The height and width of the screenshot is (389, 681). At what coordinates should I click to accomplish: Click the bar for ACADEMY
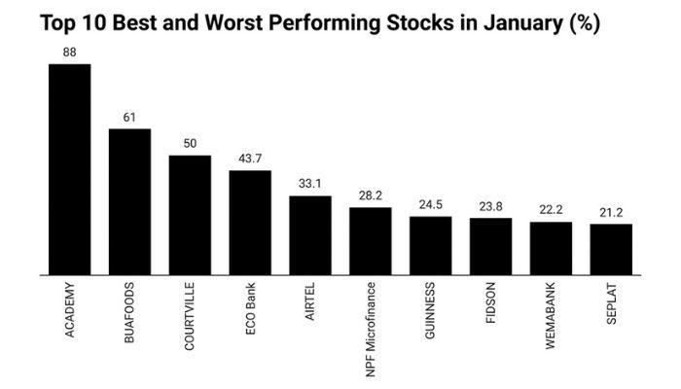tap(69, 170)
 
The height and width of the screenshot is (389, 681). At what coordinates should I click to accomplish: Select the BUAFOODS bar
tap(129, 202)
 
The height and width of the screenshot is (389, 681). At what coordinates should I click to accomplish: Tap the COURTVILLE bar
tap(190, 215)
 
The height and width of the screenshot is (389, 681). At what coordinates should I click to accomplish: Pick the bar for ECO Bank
tap(250, 223)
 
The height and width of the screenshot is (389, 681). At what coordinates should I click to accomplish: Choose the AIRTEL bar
tap(310, 235)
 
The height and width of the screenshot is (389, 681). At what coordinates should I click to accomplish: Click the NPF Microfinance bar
tap(371, 241)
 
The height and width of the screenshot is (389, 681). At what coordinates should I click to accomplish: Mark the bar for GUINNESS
tap(430, 245)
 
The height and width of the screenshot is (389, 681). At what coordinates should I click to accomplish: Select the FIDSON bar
tap(490, 246)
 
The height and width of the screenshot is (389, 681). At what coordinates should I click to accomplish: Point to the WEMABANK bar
tap(551, 248)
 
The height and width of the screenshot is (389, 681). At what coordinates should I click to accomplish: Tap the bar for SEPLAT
tap(611, 249)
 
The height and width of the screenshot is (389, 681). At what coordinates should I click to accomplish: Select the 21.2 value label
tap(611, 212)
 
